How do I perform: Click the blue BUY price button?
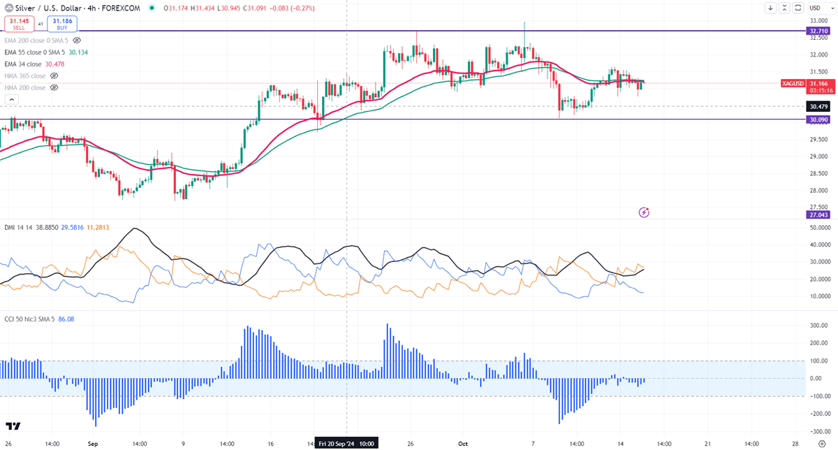pos(61,22)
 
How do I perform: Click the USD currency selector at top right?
pos(816,8)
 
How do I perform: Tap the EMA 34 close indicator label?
pos(22,64)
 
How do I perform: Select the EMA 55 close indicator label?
pos(32,52)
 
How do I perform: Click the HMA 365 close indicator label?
pos(24,75)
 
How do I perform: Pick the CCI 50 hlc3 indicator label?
pos(28,319)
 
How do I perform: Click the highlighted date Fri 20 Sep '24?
pos(347,443)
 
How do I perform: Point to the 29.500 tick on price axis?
pos(818,139)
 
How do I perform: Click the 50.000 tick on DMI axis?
pos(818,228)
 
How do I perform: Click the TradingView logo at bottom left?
pos(13,426)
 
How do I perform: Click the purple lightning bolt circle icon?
pos(645,211)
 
